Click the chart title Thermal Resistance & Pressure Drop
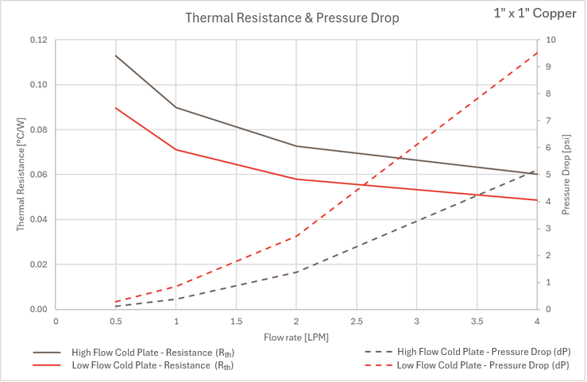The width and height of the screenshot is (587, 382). pos(292,17)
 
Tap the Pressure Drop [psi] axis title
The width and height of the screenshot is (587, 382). pos(566,174)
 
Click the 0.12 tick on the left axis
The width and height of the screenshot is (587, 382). pos(38,41)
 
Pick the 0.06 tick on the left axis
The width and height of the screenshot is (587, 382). pos(38,175)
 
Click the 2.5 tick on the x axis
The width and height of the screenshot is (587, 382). pos(356,322)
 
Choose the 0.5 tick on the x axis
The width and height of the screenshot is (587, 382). pos(116,322)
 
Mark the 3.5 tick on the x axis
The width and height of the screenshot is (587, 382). pos(477,322)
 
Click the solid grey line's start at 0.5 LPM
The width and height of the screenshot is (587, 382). pos(116,56)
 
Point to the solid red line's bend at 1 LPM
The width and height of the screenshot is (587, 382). pos(176,149)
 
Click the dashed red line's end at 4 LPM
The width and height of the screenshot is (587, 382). pos(537,52)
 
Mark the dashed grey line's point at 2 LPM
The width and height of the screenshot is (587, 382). pos(296,272)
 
